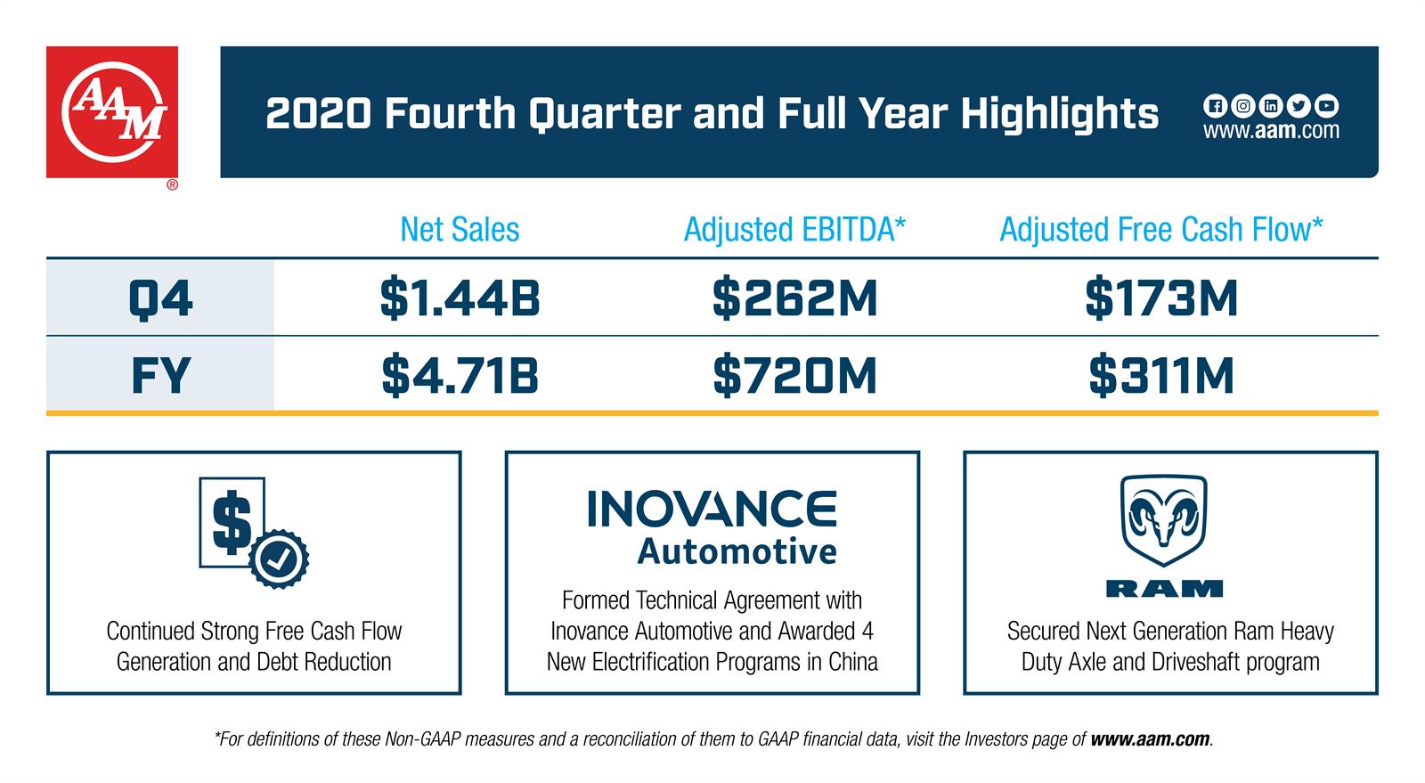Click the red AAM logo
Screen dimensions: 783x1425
tap(112, 112)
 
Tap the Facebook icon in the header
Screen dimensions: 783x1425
tap(1214, 106)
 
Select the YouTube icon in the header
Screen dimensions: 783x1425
tap(1327, 106)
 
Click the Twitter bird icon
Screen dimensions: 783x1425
tap(1299, 106)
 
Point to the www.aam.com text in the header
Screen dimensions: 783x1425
tap(1271, 131)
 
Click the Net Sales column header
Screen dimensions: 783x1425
tap(460, 230)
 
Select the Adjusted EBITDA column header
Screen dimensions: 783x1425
tap(794, 230)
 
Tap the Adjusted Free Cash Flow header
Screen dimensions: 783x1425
tap(1160, 230)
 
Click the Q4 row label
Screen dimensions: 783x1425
tap(160, 298)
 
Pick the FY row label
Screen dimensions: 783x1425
tap(160, 375)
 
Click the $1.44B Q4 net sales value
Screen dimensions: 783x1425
tap(460, 298)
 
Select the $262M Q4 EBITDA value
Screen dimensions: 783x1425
tap(794, 298)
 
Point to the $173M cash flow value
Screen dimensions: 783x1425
tap(1161, 298)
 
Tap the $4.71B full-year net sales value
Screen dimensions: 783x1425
tap(460, 375)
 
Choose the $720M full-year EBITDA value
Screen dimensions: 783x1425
tap(794, 375)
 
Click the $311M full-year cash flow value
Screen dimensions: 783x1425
tap(1161, 375)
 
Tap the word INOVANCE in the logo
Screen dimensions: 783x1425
tap(712, 510)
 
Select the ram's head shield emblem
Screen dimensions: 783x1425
tap(1163, 522)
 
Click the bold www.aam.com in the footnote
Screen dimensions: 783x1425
tap(1150, 739)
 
